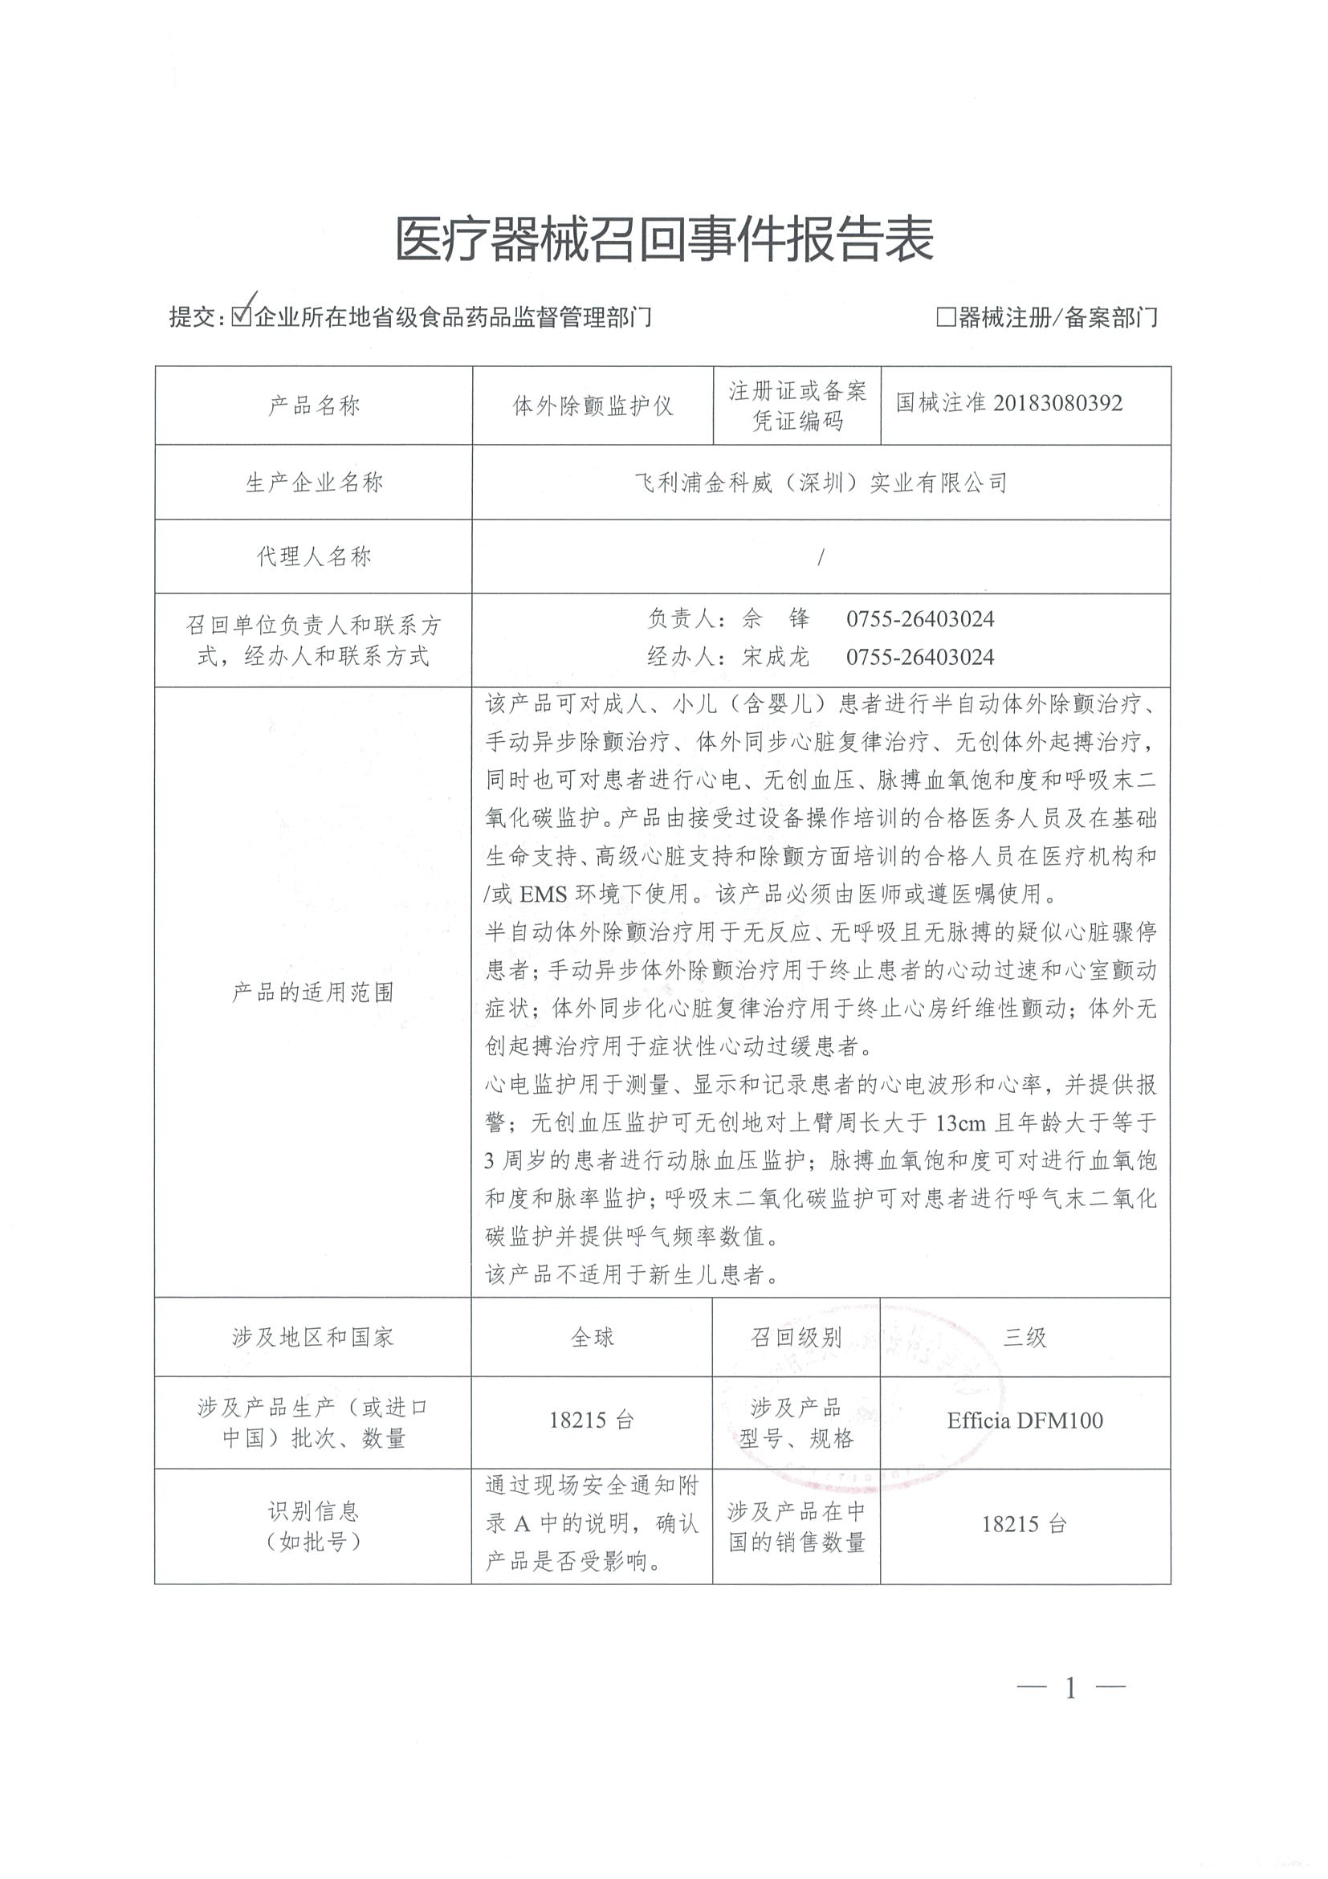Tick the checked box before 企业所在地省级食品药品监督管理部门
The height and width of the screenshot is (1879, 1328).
[x=241, y=316]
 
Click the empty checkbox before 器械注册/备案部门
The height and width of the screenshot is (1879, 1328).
[x=945, y=316]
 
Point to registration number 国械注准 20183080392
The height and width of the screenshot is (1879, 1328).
[x=1009, y=402]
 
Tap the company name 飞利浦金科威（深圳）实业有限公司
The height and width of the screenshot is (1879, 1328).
[x=821, y=483]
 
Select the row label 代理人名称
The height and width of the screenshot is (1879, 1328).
[x=313, y=557]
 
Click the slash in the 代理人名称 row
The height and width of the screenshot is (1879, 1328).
[x=820, y=557]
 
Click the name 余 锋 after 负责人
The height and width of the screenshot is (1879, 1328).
[x=775, y=618]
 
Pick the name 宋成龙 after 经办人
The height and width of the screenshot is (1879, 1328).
[x=775, y=656]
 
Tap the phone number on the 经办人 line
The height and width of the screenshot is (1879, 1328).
[x=919, y=656]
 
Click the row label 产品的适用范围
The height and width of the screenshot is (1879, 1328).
[x=313, y=992]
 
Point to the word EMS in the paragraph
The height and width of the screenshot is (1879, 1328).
[x=544, y=894]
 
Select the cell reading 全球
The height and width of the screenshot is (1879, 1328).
[x=592, y=1337]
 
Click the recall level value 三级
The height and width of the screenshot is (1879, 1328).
[x=1025, y=1337]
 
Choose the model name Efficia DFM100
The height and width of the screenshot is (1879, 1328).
[x=1025, y=1420]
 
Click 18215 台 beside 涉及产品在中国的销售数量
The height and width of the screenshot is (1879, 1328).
[x=1025, y=1524]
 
